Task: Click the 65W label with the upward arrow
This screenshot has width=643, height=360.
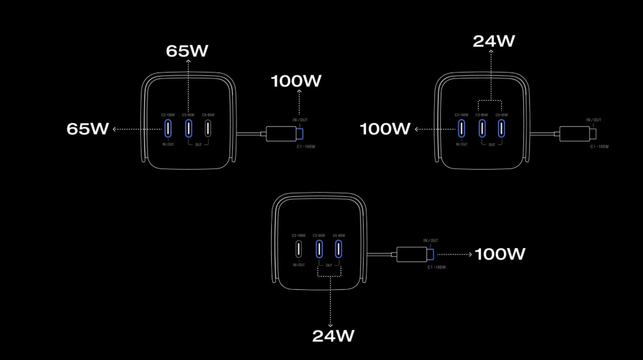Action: (x=187, y=51)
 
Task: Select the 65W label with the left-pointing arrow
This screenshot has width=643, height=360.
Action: (x=88, y=129)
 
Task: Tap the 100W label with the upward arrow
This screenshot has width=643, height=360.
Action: (x=296, y=81)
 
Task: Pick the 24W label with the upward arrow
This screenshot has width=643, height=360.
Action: (x=494, y=41)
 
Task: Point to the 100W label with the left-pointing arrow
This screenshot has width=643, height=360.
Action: (x=385, y=129)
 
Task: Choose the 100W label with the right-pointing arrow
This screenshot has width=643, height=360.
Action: (x=500, y=255)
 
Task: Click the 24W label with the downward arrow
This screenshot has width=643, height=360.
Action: (x=333, y=336)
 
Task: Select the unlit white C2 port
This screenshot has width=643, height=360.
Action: (x=299, y=249)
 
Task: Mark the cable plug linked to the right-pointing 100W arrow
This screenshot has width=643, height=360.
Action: (x=416, y=255)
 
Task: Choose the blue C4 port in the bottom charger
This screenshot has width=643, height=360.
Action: (x=339, y=249)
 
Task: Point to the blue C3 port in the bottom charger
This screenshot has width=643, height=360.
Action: (x=319, y=249)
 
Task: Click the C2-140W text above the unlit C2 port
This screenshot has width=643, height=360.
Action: (x=299, y=235)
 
